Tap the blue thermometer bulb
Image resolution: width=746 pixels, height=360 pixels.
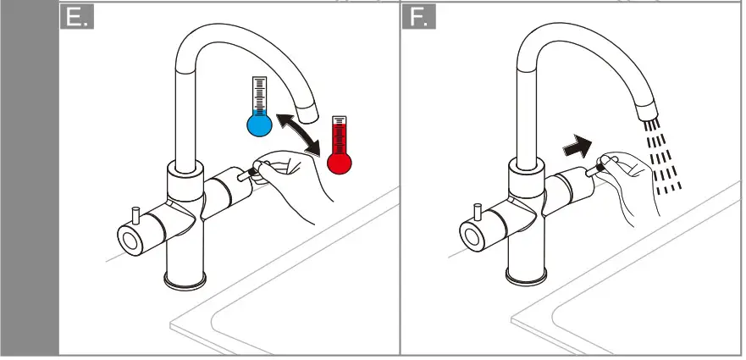point(259,125)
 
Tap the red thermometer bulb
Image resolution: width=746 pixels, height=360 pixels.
point(340,161)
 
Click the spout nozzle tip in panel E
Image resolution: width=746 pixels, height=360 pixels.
point(310,109)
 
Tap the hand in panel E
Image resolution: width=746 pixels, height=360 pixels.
point(292,178)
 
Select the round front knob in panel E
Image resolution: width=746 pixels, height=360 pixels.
point(132,239)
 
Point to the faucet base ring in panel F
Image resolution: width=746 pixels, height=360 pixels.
point(524,276)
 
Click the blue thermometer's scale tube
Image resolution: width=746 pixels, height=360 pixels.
point(258,94)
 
